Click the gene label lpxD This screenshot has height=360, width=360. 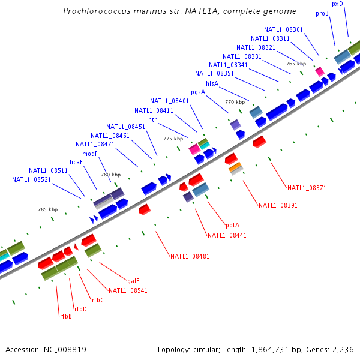[x=337, y=4]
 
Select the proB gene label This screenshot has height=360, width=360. [x=322, y=13]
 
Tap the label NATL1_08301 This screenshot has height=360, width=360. [x=283, y=29]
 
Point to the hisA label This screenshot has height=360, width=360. [x=212, y=83]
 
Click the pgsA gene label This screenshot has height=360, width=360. [x=198, y=92]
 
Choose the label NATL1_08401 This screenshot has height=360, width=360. [x=169, y=101]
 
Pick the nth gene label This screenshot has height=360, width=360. [x=153, y=119]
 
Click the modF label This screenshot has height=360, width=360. [x=90, y=154]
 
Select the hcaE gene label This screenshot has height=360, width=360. [x=76, y=162]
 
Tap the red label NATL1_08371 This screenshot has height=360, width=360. [x=307, y=188]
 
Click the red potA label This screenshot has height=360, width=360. [x=232, y=226]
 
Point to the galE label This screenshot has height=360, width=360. [x=133, y=281]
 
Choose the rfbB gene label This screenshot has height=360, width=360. [x=65, y=316]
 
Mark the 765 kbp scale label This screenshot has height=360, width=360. [x=296, y=64]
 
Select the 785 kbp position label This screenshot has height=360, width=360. [x=47, y=210]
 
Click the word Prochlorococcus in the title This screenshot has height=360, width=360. [x=97, y=11]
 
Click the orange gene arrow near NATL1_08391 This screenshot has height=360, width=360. [x=235, y=166]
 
